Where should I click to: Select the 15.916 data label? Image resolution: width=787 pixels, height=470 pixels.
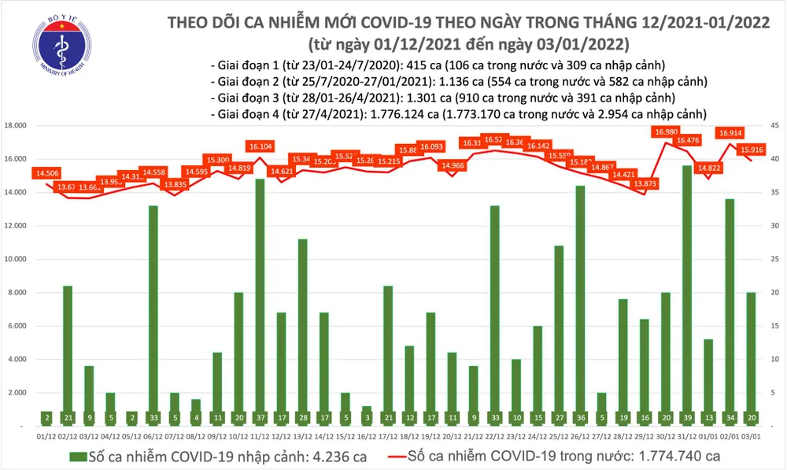tap(751, 150)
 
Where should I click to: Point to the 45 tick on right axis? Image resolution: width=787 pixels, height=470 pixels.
tap(774, 126)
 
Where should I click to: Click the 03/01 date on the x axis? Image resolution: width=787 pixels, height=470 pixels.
tap(750, 434)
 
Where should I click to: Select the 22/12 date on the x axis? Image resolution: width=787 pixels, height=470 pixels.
tap(494, 434)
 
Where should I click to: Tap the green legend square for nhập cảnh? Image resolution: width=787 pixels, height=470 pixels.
tap(76, 456)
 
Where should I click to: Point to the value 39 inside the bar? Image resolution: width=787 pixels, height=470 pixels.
tap(686, 417)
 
